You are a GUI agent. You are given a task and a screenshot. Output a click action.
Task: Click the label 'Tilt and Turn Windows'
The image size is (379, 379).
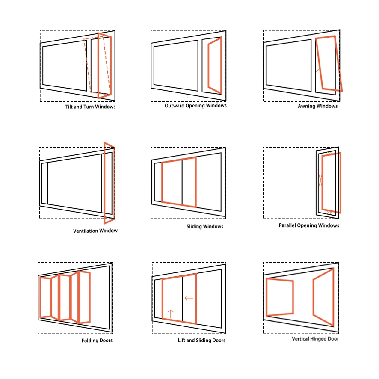(x=90, y=107)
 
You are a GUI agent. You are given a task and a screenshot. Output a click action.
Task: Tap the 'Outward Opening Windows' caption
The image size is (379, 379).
(x=195, y=105)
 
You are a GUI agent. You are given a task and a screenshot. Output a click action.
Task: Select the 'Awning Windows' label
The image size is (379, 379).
(x=317, y=106)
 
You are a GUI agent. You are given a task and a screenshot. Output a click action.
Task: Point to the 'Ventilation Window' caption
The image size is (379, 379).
(x=95, y=231)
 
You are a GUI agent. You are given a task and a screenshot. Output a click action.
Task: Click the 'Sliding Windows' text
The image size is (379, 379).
(x=205, y=226)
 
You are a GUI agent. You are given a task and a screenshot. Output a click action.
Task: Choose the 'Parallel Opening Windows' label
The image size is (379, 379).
(x=309, y=225)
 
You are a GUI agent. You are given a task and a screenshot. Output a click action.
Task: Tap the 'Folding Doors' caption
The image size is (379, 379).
(x=97, y=341)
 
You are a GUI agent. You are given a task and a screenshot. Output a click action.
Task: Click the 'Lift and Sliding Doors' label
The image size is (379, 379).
(x=201, y=341)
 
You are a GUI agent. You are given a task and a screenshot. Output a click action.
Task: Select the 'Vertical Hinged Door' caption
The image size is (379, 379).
(x=315, y=339)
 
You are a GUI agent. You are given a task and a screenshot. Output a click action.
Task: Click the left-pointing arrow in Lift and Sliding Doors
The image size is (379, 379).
(x=188, y=298)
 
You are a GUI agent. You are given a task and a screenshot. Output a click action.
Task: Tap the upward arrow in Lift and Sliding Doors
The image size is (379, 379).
(x=171, y=314)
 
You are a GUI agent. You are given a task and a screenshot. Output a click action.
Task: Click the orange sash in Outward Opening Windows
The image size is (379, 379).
(x=215, y=65)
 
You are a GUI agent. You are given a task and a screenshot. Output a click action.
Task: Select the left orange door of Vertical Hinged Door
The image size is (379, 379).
(x=280, y=297)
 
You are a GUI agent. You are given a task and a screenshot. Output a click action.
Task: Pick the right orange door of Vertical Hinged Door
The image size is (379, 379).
(x=323, y=296)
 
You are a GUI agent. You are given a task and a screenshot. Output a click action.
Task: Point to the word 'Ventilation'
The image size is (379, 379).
(x=86, y=231)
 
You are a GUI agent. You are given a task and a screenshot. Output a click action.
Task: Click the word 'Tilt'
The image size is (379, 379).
(x=69, y=107)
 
